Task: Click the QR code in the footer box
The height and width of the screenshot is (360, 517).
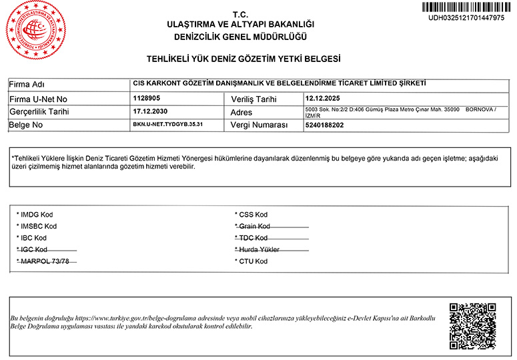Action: tap(472, 327)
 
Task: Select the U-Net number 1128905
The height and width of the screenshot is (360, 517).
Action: tap(146, 98)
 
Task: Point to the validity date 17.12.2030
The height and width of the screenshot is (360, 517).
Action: tap(150, 111)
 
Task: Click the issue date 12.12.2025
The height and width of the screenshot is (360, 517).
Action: tap(324, 98)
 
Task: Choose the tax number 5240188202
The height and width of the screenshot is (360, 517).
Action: tap(324, 125)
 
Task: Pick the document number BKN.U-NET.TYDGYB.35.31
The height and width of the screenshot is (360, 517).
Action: tap(167, 125)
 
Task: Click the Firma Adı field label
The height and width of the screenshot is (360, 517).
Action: tap(27, 85)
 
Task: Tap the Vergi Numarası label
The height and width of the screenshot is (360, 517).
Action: tap(259, 125)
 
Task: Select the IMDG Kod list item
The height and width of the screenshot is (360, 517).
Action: tap(35, 215)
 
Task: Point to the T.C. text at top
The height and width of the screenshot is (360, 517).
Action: tap(239, 14)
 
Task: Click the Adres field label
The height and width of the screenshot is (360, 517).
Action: tap(241, 112)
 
